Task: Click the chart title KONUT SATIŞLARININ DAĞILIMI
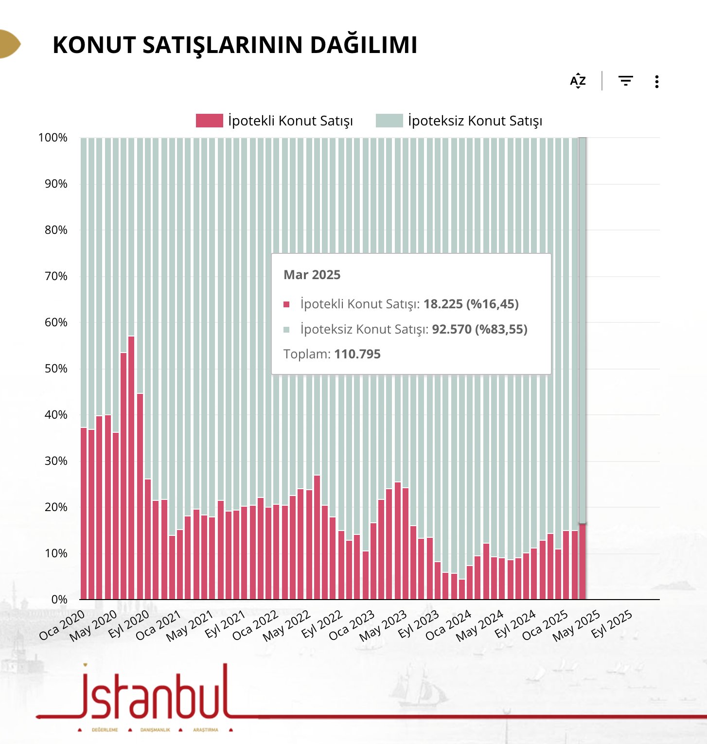[235, 45]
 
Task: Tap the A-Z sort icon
[578, 81]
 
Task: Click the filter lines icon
[625, 81]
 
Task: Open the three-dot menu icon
[656, 81]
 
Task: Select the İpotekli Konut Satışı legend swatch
[209, 121]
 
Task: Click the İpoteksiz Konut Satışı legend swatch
[389, 121]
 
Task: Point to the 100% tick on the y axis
[53, 138]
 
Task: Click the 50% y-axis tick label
[55, 369]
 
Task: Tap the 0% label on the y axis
[59, 600]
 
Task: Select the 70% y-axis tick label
[55, 276]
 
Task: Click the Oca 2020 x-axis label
[62, 625]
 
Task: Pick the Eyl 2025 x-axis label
[612, 624]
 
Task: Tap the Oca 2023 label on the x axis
[352, 625]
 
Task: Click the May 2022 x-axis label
[286, 626]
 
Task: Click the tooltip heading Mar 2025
[312, 275]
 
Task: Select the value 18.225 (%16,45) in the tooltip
[471, 304]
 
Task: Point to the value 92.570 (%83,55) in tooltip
[479, 329]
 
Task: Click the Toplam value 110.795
[357, 354]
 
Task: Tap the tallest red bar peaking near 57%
[131, 467]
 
